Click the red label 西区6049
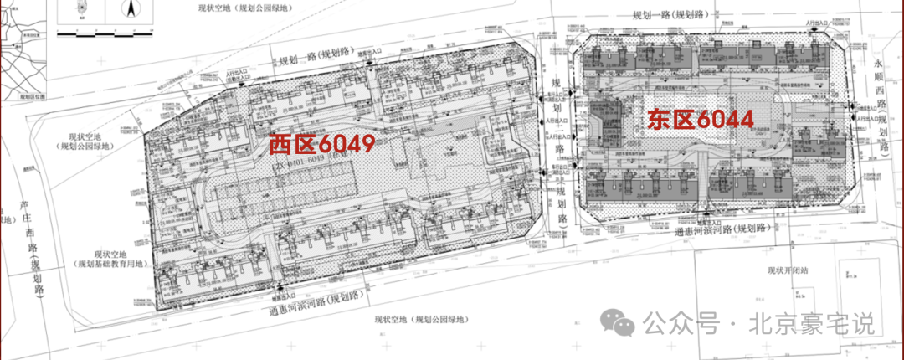[321, 143]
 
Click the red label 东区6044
[698, 119]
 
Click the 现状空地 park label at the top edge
[243, 8]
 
